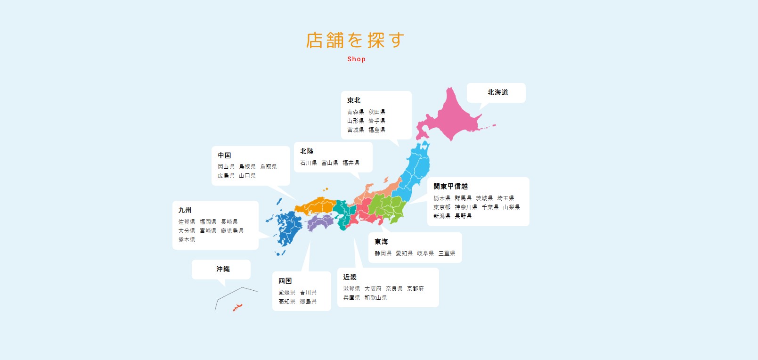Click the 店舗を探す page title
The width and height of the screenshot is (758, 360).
355,41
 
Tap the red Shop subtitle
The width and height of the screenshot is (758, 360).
356,59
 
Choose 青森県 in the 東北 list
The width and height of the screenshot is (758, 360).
356,112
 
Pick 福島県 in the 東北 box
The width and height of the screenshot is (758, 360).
377,130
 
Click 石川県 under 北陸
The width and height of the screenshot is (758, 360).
309,163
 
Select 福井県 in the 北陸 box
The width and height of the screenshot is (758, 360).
351,163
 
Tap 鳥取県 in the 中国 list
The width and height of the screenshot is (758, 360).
269,166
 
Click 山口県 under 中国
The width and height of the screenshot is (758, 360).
247,175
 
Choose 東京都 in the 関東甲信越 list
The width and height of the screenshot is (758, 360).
442,207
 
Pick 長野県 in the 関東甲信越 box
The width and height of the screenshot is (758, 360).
463,216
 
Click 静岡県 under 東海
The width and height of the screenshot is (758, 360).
383,253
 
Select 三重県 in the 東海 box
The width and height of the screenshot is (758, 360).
447,253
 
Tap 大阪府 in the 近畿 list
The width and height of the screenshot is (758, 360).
373,288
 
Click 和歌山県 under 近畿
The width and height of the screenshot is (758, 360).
375,297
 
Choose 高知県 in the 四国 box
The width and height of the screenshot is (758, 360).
287,301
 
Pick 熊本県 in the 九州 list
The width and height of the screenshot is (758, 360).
187,239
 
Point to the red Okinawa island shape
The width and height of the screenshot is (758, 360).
237,307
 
